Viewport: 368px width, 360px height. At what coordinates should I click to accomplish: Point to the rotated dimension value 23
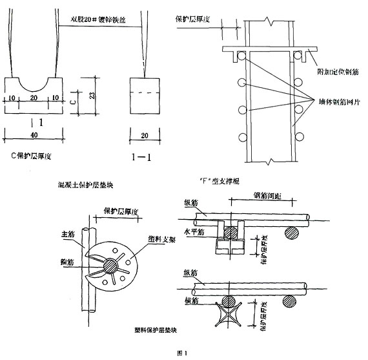click(x=94, y=96)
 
